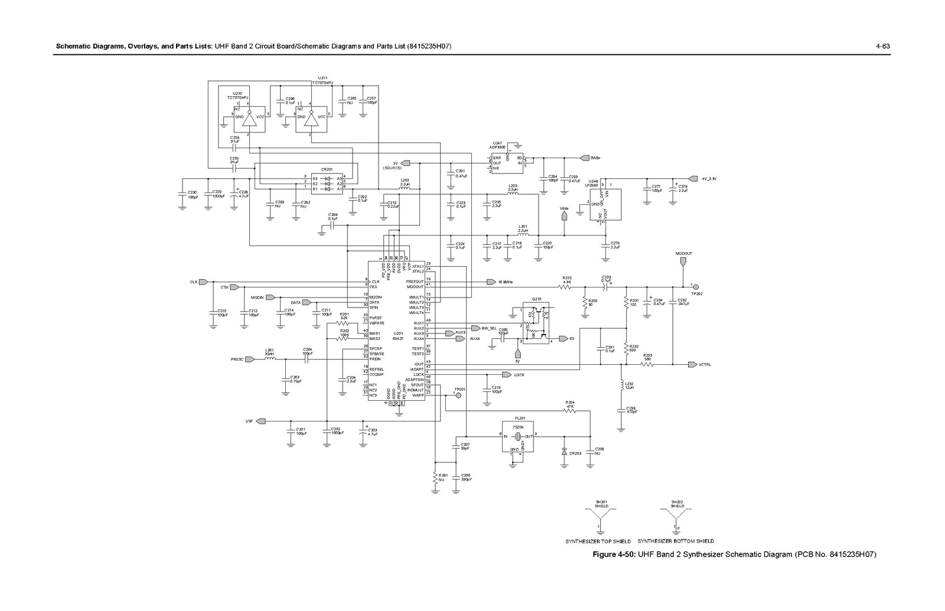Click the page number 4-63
(882, 46)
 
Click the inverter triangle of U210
(253, 120)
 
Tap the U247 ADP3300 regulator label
(498, 145)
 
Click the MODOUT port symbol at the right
(685, 260)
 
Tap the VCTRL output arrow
(692, 364)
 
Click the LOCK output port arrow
(506, 375)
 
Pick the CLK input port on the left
(203, 282)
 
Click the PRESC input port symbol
(250, 359)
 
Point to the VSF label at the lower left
(249, 421)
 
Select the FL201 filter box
(517, 437)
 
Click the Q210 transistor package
(536, 323)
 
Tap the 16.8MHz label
(505, 282)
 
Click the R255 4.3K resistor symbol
(566, 287)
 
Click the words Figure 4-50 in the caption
(614, 555)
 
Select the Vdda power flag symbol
(565, 216)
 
